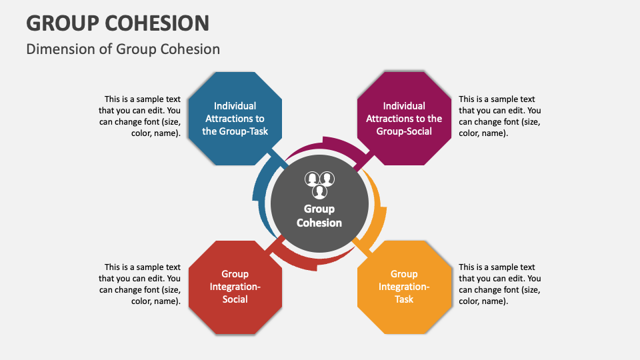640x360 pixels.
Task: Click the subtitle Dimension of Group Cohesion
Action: click(123, 49)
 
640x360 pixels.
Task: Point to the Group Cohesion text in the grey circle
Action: click(319, 216)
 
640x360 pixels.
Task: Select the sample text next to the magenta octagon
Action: click(499, 116)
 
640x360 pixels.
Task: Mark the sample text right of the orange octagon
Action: click(499, 284)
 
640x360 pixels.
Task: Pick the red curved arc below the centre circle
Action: click(307, 262)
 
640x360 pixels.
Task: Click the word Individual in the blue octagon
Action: click(235, 105)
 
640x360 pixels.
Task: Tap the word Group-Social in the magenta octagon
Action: click(404, 131)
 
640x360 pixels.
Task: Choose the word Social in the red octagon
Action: click(235, 299)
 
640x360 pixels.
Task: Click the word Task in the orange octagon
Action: click(404, 299)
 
